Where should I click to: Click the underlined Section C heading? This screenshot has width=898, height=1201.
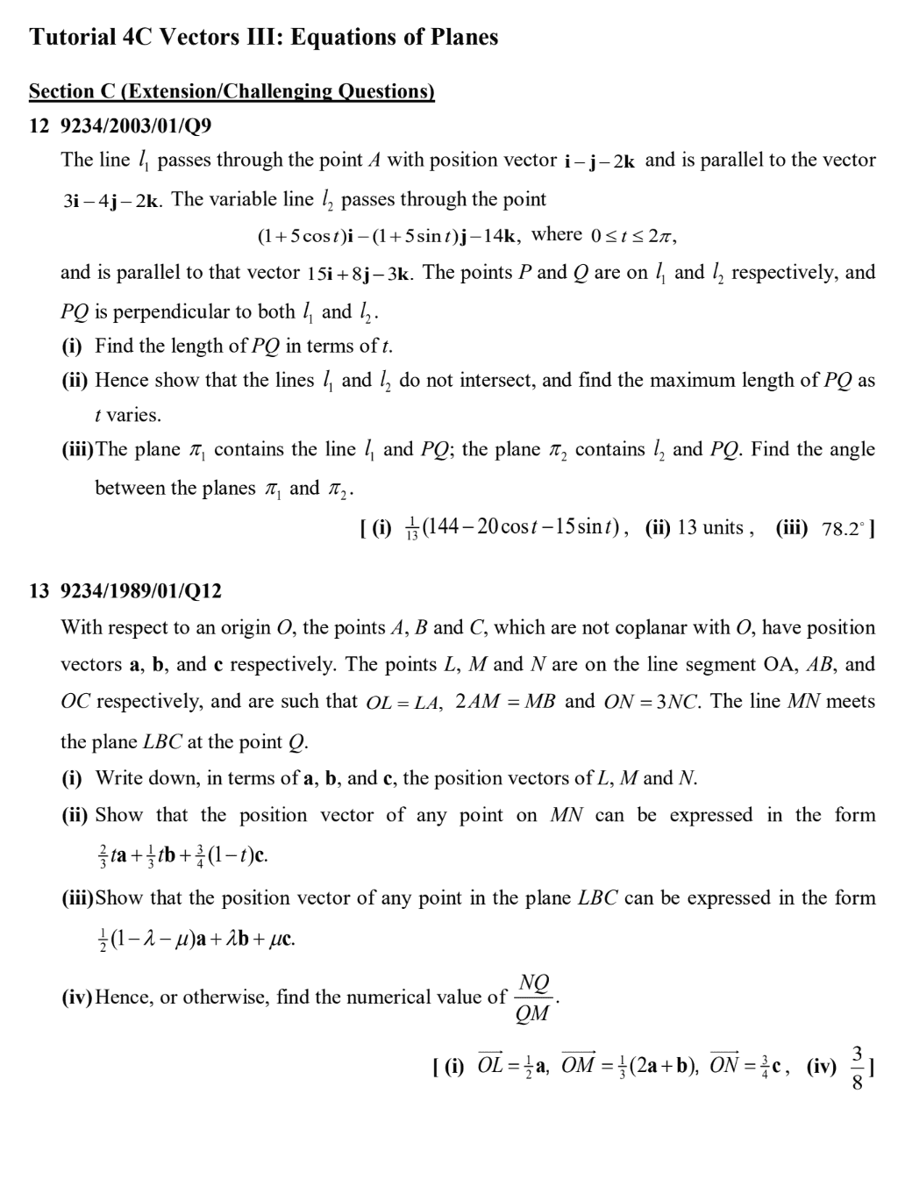click(232, 91)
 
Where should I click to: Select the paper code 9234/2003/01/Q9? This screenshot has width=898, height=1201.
click(135, 126)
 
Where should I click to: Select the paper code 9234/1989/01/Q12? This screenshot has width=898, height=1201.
click(140, 591)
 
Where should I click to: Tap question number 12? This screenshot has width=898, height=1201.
click(39, 126)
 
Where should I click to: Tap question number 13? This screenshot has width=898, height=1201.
click(39, 591)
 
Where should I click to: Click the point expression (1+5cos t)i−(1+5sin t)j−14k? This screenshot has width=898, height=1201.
click(390, 236)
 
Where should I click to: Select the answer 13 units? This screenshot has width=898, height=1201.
click(710, 528)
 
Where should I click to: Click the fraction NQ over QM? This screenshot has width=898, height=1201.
click(533, 998)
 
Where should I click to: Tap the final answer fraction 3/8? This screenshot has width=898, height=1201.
click(858, 1068)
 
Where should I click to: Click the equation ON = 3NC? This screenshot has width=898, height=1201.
click(653, 703)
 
